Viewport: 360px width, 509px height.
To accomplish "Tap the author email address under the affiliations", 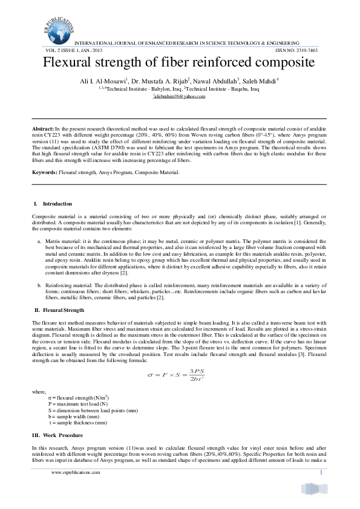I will [x=179, y=97].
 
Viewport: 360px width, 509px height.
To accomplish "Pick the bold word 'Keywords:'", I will [x=45, y=173].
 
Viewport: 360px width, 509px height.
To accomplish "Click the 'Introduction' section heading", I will [x=57, y=204].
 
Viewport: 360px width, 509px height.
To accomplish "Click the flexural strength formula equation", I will [x=180, y=374].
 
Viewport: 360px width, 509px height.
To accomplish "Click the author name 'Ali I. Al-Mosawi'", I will [x=99, y=80].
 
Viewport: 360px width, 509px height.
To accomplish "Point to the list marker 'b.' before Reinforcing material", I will [x=39, y=284].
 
